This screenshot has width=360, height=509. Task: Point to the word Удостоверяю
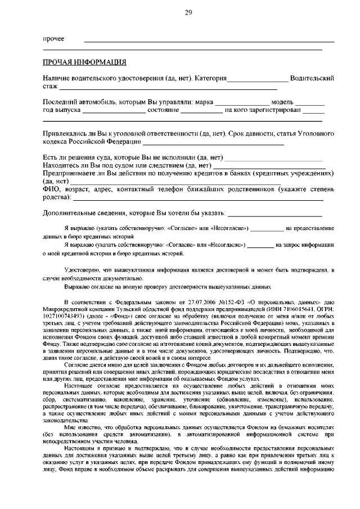(x=83, y=271)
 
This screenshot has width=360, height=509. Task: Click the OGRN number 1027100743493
(x=65, y=317)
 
